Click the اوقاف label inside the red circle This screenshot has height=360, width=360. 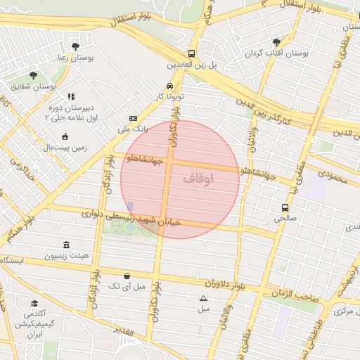tap(198, 179)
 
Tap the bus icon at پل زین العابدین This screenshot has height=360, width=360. tap(191, 53)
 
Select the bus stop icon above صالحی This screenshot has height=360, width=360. tap(285, 207)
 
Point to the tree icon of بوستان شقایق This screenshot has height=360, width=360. tap(33, 75)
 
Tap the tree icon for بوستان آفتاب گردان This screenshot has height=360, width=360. tap(276, 42)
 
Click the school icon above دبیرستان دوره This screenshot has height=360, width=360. tap(70, 96)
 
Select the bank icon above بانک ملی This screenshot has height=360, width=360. tap(133, 119)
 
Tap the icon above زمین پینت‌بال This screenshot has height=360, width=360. tap(65, 136)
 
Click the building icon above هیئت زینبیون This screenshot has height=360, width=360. tap(66, 245)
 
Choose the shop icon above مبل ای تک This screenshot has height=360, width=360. tap(126, 276)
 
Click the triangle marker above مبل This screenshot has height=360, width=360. tap(204, 298)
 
